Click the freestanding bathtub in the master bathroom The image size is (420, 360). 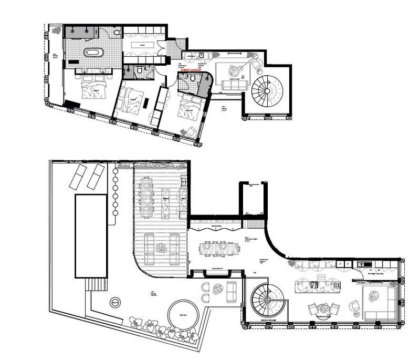point(95,53)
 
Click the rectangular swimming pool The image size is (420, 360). point(91,236)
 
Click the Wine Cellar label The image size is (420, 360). point(216,227)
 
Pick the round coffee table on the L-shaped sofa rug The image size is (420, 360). point(374,296)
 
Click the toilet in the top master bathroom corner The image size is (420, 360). point(117,33)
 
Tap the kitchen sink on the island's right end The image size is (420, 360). point(334,285)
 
